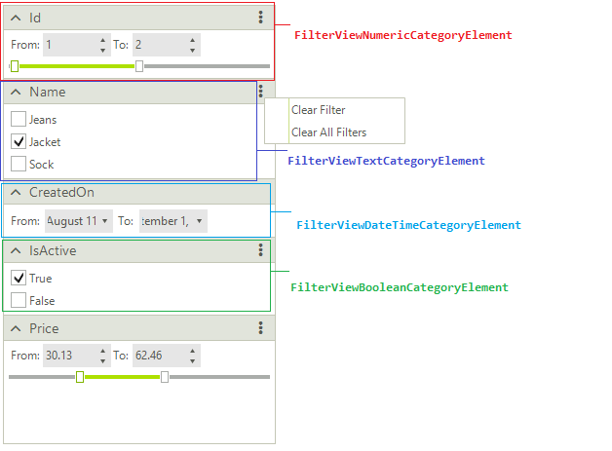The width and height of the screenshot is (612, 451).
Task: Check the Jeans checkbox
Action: click(19, 120)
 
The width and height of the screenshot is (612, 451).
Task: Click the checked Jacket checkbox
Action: click(19, 142)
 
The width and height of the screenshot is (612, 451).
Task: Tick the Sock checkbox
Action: click(19, 165)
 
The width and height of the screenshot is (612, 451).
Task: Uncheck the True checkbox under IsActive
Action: click(19, 279)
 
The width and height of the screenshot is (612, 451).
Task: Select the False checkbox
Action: click(19, 301)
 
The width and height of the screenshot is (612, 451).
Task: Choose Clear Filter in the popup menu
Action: click(318, 110)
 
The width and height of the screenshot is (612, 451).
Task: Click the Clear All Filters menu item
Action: click(328, 132)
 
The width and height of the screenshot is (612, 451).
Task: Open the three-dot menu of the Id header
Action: click(260, 18)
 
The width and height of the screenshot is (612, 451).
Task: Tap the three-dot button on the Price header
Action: click(260, 328)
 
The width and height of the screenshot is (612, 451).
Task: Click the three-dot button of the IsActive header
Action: click(260, 250)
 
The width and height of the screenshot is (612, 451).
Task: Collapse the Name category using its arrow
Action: click(16, 93)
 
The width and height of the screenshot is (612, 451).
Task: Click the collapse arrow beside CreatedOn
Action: click(16, 193)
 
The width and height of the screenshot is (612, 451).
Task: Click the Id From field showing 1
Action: click(69, 45)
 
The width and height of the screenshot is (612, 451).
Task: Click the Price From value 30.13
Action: click(67, 356)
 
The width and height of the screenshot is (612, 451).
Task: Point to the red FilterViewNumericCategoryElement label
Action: click(402, 35)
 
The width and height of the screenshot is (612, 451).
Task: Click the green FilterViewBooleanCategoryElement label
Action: click(399, 287)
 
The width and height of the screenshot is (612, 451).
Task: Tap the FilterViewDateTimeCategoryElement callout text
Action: click(408, 225)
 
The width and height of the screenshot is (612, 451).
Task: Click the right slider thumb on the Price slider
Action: click(165, 377)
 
